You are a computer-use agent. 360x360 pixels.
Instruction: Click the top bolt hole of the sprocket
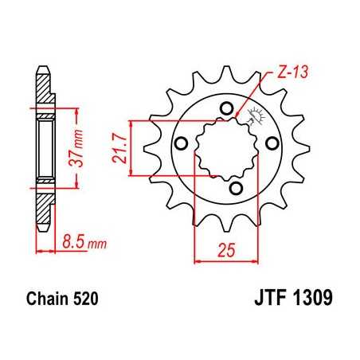tap(226, 109)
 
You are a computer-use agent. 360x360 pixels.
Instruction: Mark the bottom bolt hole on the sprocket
tap(236, 188)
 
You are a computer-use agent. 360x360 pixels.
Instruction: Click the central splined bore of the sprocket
tap(225, 148)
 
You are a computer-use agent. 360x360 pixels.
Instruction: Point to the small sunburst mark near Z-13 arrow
tap(256, 116)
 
